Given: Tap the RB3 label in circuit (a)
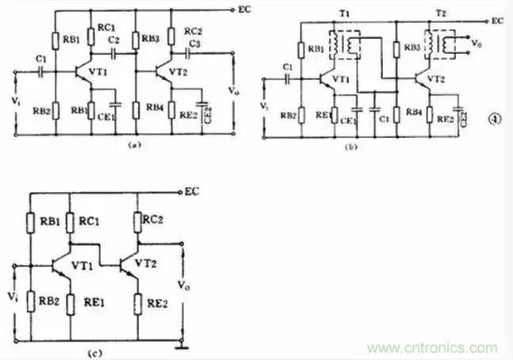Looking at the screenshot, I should tap(151, 38).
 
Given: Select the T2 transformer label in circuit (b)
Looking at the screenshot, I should tap(441, 15).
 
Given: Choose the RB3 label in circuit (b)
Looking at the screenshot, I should tap(412, 48).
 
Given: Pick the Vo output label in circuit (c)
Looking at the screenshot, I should tap(185, 283).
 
